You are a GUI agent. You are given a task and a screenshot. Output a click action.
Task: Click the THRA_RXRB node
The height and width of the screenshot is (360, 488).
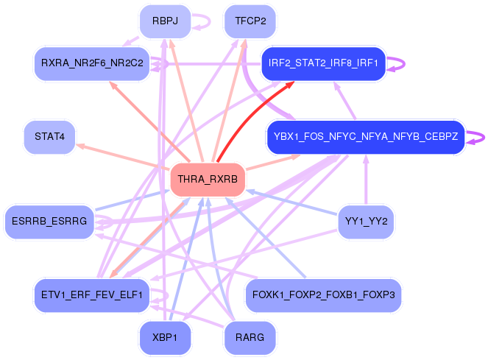tap(208, 179)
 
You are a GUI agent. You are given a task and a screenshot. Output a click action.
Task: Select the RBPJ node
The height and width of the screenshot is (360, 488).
tap(165, 21)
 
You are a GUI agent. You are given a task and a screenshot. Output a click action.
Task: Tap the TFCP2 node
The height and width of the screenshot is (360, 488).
tap(245, 21)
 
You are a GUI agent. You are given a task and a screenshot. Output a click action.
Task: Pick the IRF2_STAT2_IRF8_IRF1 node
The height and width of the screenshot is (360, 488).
tap(323, 64)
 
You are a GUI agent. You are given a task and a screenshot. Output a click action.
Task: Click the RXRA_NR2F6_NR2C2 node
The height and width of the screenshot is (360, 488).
tap(92, 64)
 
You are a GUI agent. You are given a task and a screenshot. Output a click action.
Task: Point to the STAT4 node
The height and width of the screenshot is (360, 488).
tap(49, 137)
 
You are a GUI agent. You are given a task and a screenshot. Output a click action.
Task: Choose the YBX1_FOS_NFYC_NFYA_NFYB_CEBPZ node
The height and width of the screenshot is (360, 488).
tap(366, 137)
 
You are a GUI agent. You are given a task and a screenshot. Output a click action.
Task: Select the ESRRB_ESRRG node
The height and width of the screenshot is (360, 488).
tap(49, 221)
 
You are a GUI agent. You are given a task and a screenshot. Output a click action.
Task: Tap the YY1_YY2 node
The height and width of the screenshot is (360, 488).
tap(366, 221)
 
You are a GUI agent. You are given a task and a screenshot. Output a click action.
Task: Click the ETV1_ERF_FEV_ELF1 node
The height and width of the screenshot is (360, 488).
tap(92, 294)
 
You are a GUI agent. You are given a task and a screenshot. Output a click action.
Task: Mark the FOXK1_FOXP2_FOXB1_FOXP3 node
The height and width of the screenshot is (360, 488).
tap(323, 294)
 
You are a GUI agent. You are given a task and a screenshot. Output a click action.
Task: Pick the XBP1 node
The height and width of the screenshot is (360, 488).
tap(165, 339)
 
